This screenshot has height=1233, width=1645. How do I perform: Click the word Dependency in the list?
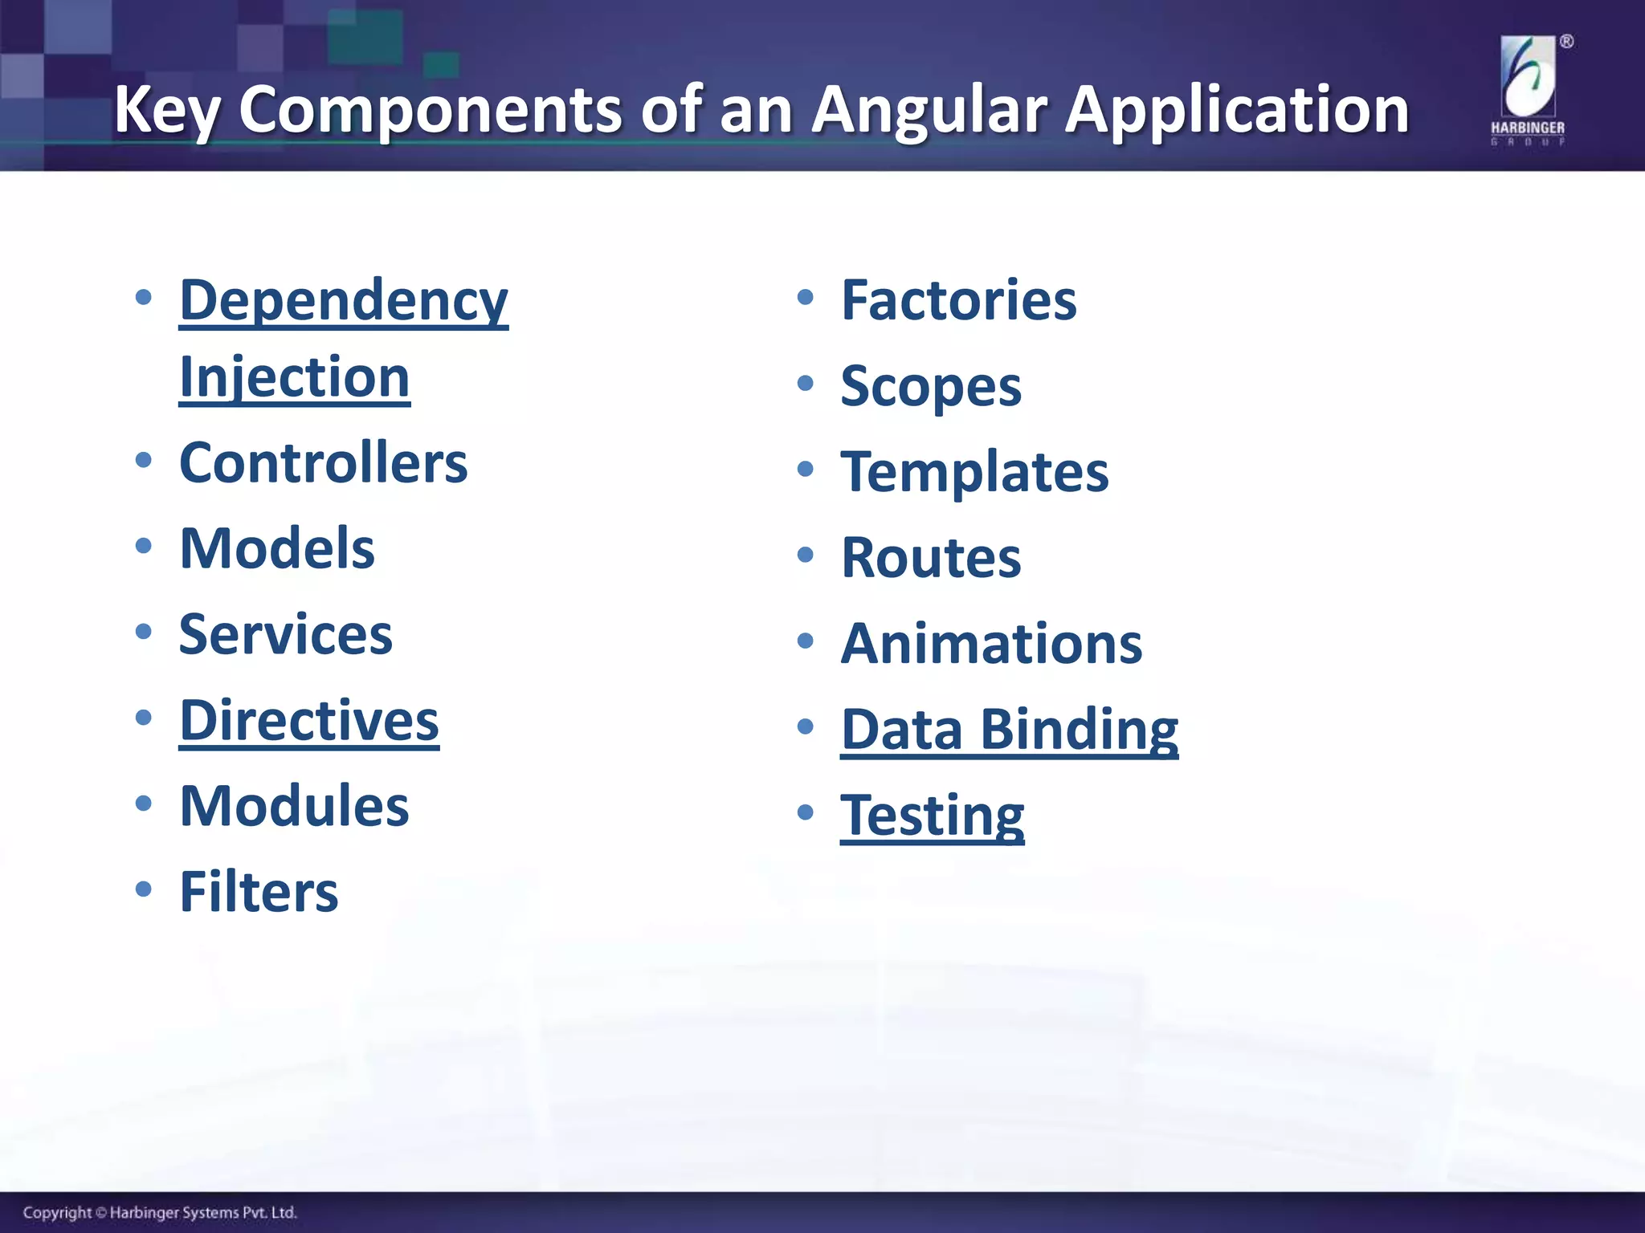[344, 301]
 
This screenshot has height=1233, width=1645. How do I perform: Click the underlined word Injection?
[294, 377]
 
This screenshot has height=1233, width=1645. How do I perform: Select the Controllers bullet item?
[323, 463]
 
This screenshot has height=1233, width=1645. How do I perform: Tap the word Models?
[277, 549]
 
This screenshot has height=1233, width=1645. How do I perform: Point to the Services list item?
[285, 635]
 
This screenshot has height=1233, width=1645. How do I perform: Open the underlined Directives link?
[309, 721]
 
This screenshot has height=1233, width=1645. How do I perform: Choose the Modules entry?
[294, 806]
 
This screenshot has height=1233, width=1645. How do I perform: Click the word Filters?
[259, 892]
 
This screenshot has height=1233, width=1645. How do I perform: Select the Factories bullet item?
[958, 300]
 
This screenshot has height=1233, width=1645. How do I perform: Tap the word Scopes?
[931, 387]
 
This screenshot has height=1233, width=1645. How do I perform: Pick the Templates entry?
[974, 472]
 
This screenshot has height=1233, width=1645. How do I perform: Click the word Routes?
[931, 558]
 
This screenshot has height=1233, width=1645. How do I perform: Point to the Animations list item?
[991, 644]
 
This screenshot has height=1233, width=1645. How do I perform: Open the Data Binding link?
[1010, 730]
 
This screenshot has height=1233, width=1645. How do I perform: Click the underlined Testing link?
[932, 816]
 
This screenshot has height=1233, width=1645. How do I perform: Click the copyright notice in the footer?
[160, 1212]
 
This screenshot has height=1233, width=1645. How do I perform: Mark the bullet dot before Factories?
[805, 298]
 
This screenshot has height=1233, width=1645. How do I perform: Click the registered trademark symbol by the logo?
[1566, 42]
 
